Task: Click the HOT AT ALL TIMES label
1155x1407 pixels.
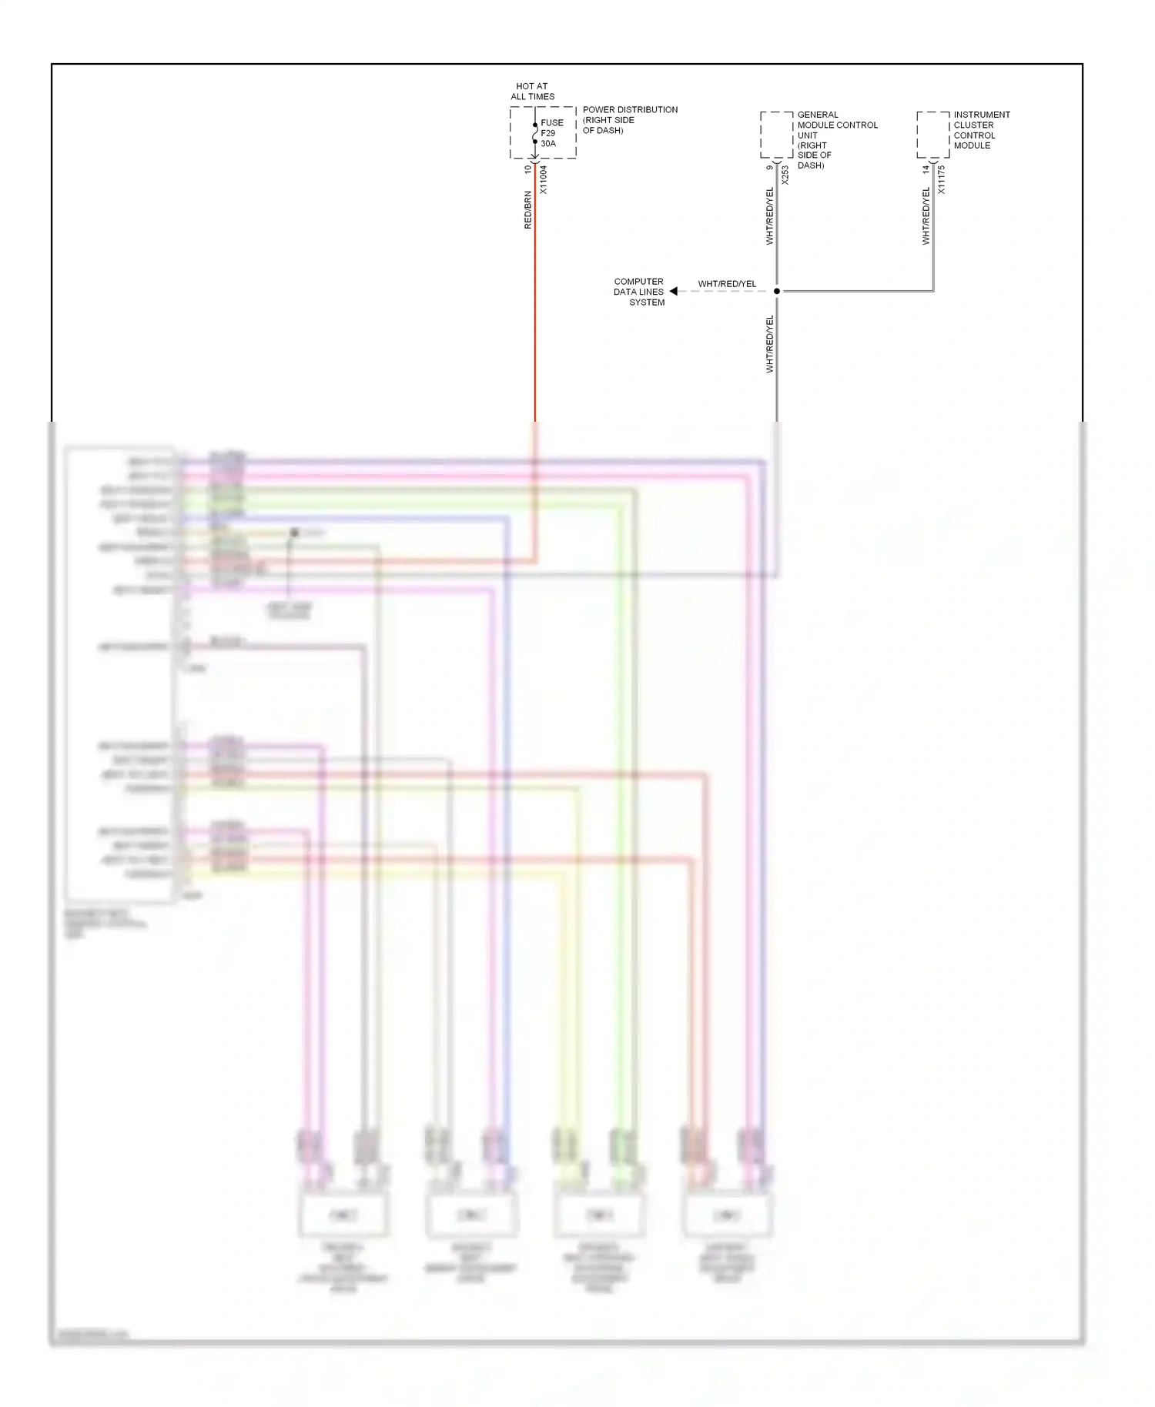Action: click(x=532, y=92)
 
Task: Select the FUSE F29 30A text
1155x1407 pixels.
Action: click(x=551, y=133)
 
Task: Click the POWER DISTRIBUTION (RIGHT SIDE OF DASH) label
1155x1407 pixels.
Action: click(x=629, y=120)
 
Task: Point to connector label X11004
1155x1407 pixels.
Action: click(x=543, y=179)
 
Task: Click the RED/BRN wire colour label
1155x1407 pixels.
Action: click(x=527, y=209)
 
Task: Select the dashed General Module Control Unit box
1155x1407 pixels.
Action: click(x=776, y=135)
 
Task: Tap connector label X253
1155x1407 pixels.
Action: click(x=785, y=175)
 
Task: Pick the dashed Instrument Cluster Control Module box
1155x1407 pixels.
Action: click(x=932, y=135)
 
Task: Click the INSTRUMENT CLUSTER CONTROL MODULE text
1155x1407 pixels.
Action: click(x=981, y=130)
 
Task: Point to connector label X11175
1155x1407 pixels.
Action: click(x=942, y=179)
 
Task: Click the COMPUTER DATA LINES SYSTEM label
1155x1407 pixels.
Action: click(x=639, y=292)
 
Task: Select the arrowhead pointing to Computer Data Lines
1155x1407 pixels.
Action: click(x=674, y=291)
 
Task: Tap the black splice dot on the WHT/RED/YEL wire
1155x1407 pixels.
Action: click(x=776, y=291)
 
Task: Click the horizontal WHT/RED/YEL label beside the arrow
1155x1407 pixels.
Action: click(x=727, y=284)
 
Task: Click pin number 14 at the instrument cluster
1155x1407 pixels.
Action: click(x=926, y=169)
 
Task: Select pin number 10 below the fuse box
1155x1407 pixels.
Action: click(x=527, y=169)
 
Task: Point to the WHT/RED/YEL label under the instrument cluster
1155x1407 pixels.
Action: click(x=926, y=216)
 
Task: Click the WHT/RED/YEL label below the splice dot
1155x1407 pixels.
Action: click(x=769, y=344)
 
